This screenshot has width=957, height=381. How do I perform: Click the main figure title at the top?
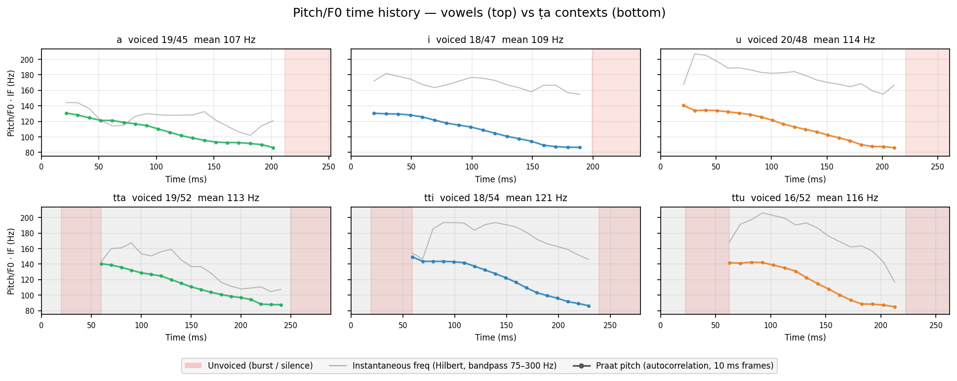click(x=479, y=13)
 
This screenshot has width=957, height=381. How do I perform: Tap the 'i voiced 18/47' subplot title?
click(x=495, y=40)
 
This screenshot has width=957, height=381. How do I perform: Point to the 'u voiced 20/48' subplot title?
click(x=805, y=40)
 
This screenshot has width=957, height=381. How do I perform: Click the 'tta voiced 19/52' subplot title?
click(x=186, y=198)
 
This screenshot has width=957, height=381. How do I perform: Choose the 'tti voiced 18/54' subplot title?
click(x=495, y=198)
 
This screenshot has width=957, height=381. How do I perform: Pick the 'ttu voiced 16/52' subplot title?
click(x=805, y=198)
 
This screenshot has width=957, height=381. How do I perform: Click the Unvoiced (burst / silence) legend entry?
click(x=249, y=366)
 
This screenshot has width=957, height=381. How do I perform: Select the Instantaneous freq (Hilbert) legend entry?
click(x=442, y=366)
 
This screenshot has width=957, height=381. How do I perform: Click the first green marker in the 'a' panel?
click(x=66, y=113)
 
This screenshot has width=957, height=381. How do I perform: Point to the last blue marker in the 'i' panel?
click(x=580, y=147)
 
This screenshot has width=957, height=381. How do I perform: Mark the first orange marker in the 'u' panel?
click(x=683, y=105)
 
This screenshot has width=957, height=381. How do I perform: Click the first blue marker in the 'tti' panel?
click(x=412, y=257)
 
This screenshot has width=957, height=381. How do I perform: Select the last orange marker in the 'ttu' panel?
click(x=894, y=307)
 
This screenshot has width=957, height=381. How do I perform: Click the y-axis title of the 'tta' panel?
click(x=11, y=261)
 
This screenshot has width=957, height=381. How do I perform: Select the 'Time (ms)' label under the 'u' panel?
click(x=805, y=179)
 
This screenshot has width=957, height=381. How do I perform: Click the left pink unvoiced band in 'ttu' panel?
click(x=707, y=260)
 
